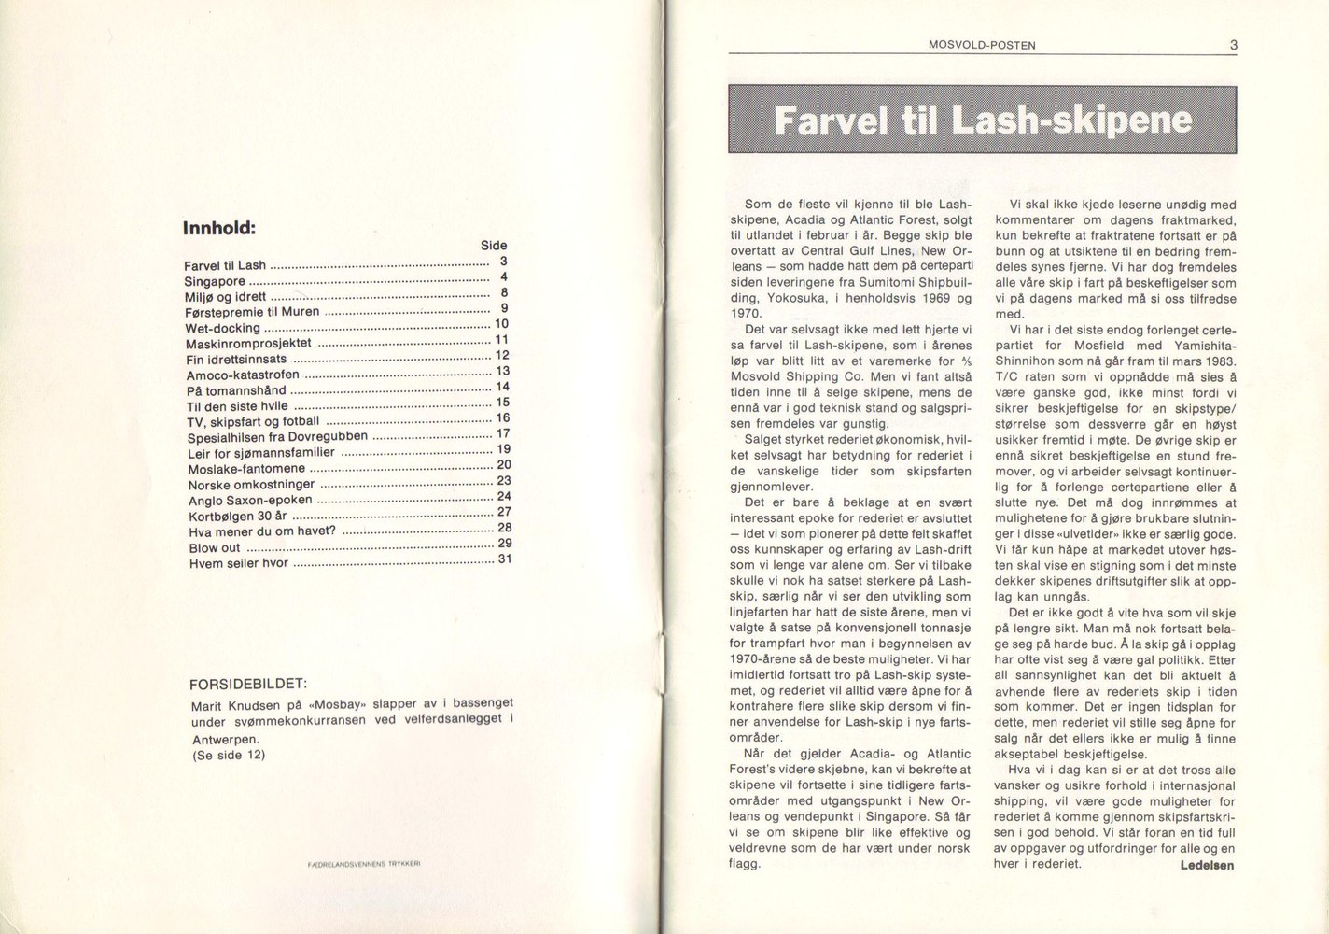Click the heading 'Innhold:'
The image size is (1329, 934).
[219, 227]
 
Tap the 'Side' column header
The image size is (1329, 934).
[494, 246]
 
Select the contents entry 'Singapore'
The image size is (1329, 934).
[215, 281]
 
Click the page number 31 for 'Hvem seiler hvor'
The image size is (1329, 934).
[504, 559]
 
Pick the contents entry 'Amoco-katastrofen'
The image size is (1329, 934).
[243, 375]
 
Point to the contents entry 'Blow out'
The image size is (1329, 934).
[215, 548]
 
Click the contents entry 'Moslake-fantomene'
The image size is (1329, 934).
[246, 468]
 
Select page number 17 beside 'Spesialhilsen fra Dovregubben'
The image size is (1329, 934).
[503, 433]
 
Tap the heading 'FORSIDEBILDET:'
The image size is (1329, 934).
[248, 683]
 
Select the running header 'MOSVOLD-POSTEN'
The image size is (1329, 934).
[983, 45]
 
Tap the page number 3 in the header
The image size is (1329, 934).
[1233, 44]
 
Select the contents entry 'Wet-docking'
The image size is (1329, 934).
[223, 328]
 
